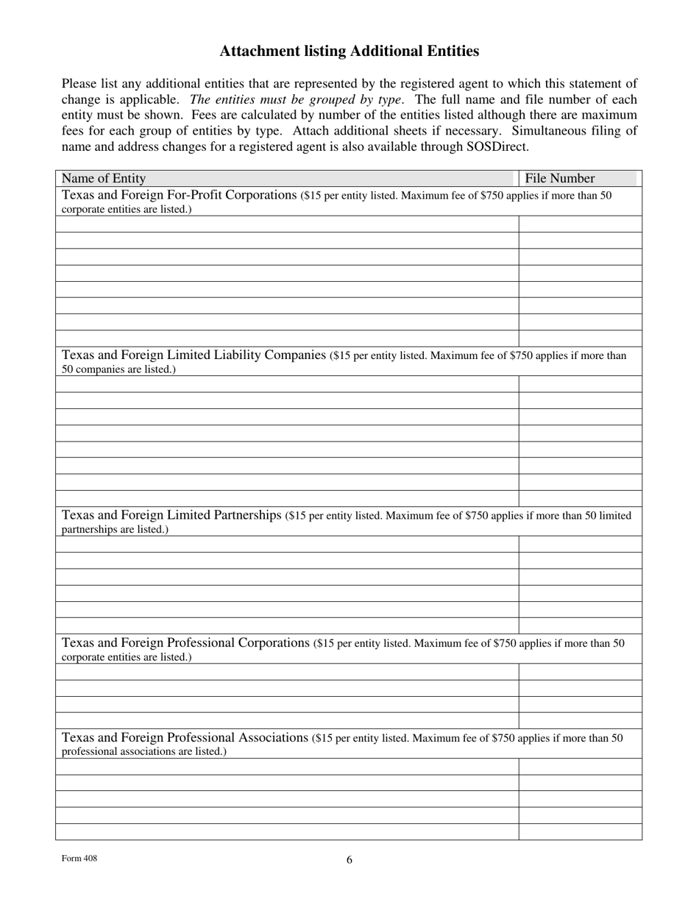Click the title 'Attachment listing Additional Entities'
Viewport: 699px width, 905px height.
(349, 52)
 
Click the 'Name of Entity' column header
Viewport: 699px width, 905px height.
(104, 179)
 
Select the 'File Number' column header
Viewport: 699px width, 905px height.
(559, 179)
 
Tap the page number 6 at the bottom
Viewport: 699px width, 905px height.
(349, 859)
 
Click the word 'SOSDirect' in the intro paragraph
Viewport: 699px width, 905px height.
(494, 146)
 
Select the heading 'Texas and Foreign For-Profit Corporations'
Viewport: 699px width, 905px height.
(180, 195)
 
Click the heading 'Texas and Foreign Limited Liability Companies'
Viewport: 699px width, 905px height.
(194, 355)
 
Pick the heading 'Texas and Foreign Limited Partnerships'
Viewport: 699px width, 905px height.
(171, 515)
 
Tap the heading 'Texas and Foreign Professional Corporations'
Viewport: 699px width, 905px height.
(185, 643)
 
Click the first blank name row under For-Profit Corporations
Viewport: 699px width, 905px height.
(287, 224)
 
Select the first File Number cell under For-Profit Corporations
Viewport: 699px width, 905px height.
(580, 224)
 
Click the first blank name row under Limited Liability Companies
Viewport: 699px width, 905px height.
(287, 384)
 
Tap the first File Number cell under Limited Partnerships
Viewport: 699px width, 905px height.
(580, 544)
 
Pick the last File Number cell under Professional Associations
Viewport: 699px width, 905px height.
(580, 831)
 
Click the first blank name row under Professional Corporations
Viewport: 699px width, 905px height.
(287, 672)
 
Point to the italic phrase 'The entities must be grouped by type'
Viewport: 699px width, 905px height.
(296, 99)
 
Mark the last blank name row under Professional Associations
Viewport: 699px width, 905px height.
(287, 831)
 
